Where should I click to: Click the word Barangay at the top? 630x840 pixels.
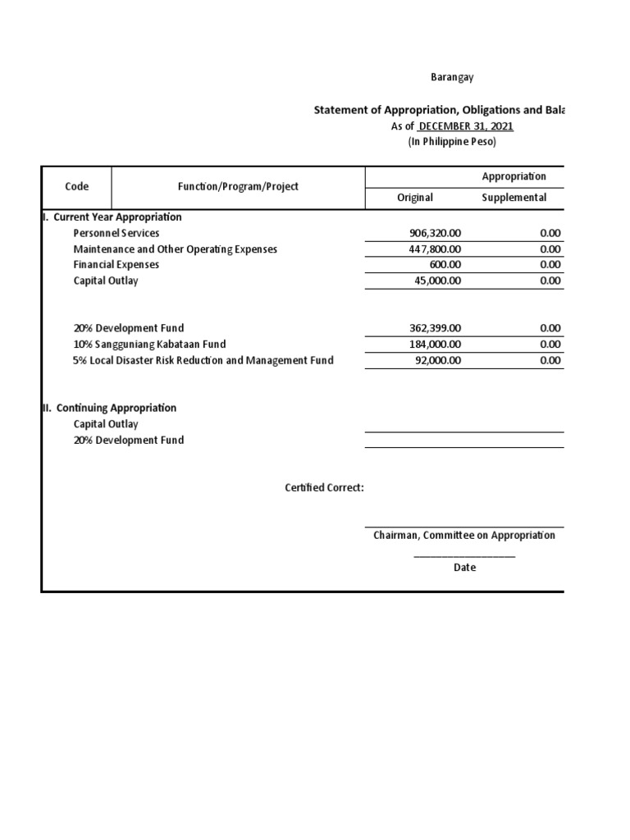click(x=453, y=77)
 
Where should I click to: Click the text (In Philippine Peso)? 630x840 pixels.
click(x=452, y=142)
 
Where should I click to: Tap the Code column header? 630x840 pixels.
click(x=76, y=187)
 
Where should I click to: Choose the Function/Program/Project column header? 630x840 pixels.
click(x=238, y=187)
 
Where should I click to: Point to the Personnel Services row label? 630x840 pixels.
click(x=116, y=234)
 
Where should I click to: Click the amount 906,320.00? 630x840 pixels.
click(x=435, y=234)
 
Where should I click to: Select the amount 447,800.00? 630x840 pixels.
click(x=435, y=249)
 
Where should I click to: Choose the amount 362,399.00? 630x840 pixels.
click(x=435, y=328)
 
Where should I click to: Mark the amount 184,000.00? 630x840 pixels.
click(x=435, y=345)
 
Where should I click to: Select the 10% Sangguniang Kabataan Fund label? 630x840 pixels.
click(x=149, y=345)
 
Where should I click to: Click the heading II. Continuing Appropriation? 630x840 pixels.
click(x=109, y=408)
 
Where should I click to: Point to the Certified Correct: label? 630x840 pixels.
click(x=324, y=488)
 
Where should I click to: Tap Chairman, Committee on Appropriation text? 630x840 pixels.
click(x=464, y=536)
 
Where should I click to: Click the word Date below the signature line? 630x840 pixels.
click(x=464, y=568)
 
